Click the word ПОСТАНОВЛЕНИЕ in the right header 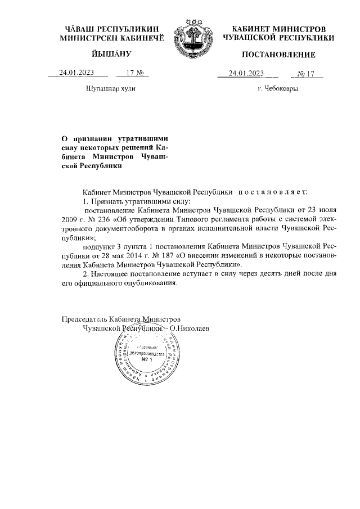click(x=278, y=55)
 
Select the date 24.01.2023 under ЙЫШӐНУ click(x=77, y=73)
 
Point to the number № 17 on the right click(x=310, y=73)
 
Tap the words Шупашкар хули click(x=110, y=89)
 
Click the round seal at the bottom click(x=149, y=355)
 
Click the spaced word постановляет click(x=273, y=192)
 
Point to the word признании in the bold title click(x=91, y=138)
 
